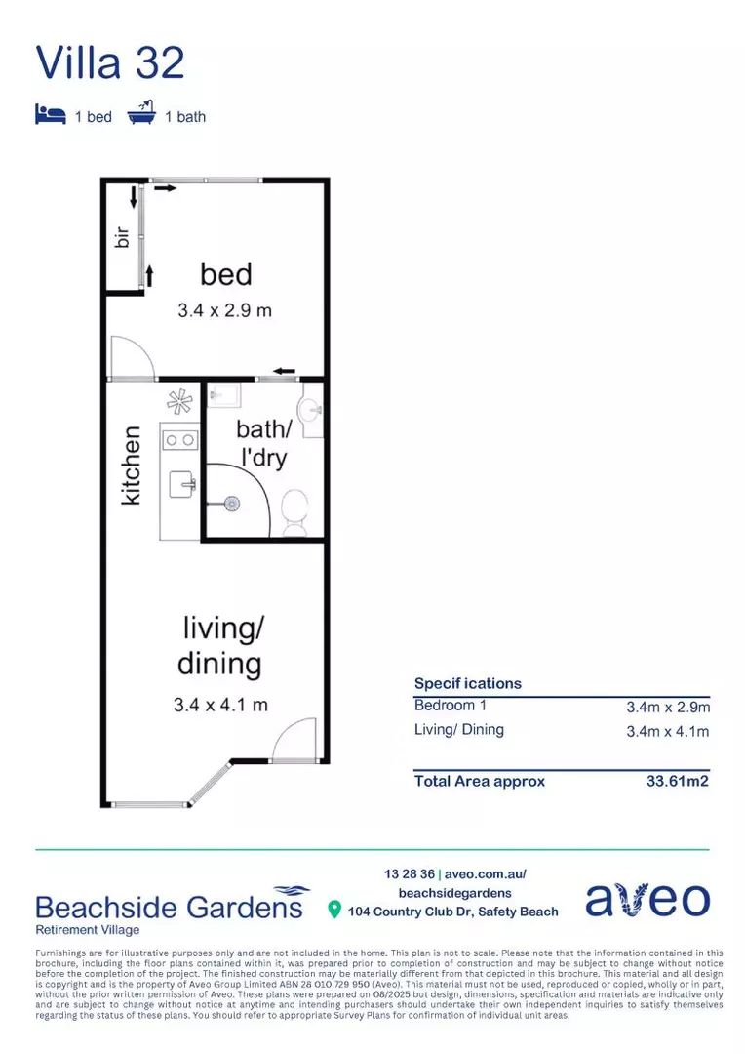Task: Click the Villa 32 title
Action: pos(110,61)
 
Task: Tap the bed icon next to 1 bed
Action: pos(50,115)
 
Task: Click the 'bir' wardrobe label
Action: pos(123,237)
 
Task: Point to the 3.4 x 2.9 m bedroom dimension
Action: pos(223,311)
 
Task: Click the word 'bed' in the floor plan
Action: pos(226,273)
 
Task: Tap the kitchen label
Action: pos(131,465)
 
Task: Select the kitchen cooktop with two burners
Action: pos(179,440)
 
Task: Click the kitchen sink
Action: pos(182,483)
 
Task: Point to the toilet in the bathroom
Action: pos(294,510)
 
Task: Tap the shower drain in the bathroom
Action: pos(232,504)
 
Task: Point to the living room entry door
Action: pos(294,740)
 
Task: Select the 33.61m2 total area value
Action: pos(678,781)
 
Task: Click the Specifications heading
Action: pos(467,683)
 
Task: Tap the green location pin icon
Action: pos(334,911)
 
